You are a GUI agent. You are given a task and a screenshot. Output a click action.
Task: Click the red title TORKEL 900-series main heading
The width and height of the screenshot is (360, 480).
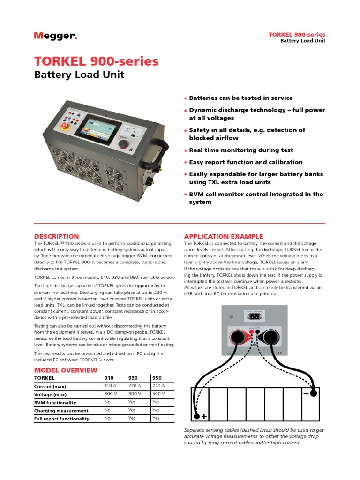(x=97, y=61)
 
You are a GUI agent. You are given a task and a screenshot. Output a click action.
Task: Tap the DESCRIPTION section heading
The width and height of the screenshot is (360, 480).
(x=57, y=236)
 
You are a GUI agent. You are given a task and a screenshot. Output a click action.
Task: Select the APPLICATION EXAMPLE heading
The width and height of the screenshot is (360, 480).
(x=224, y=236)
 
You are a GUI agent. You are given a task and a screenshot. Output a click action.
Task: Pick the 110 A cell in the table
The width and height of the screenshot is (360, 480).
(x=110, y=386)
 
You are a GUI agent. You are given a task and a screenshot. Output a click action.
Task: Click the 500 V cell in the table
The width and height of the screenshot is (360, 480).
(x=158, y=394)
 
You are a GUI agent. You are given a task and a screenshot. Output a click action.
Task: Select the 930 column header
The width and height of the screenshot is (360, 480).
(x=133, y=377)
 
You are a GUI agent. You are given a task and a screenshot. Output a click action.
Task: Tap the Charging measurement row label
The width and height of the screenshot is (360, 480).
(x=61, y=410)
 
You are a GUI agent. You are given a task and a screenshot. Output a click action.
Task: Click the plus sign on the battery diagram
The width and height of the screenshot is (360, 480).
(x=204, y=415)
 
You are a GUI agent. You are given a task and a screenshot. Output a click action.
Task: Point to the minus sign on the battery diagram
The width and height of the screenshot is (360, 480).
(x=306, y=394)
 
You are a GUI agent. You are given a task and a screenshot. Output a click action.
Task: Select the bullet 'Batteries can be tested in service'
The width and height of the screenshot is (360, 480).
(x=240, y=98)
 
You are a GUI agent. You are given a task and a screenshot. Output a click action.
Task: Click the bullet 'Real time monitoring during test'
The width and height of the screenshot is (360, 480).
(x=241, y=150)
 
